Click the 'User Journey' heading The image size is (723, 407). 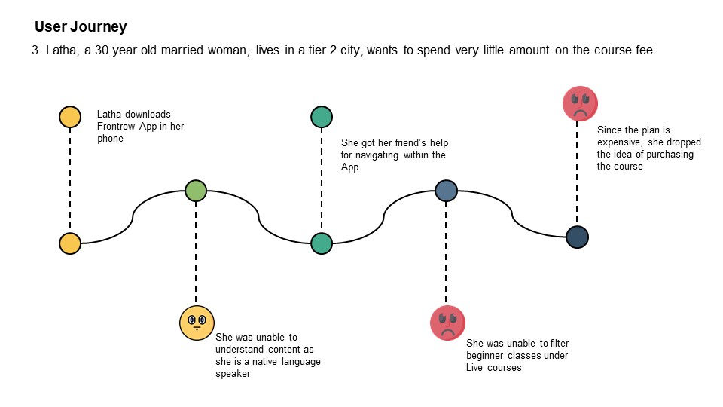coord(81,27)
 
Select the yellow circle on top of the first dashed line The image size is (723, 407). coord(70,117)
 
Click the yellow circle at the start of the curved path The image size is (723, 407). coord(70,243)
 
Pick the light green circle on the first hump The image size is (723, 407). coord(196,191)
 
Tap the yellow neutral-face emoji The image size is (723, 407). coord(197,323)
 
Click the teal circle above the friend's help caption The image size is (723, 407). coord(322,117)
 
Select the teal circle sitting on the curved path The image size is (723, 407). coord(322,243)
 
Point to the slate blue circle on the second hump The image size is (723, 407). coord(447,191)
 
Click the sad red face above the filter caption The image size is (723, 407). coord(447,323)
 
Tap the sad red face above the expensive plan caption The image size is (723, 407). coord(580,103)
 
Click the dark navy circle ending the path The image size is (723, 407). coord(577,237)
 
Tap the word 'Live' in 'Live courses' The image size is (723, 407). coord(474,368)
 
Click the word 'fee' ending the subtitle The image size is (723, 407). coord(645,50)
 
